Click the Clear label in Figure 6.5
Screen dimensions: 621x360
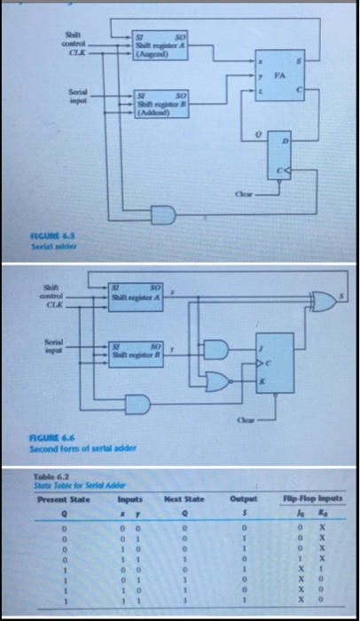(x=242, y=190)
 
